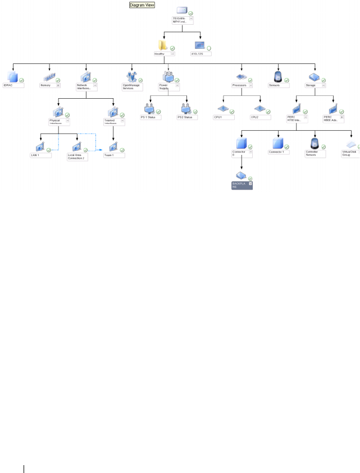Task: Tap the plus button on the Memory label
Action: (x=58, y=85)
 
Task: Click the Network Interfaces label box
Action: (x=86, y=87)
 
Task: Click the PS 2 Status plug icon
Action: (x=186, y=107)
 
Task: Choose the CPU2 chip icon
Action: (x=259, y=108)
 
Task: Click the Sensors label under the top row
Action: (x=276, y=85)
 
